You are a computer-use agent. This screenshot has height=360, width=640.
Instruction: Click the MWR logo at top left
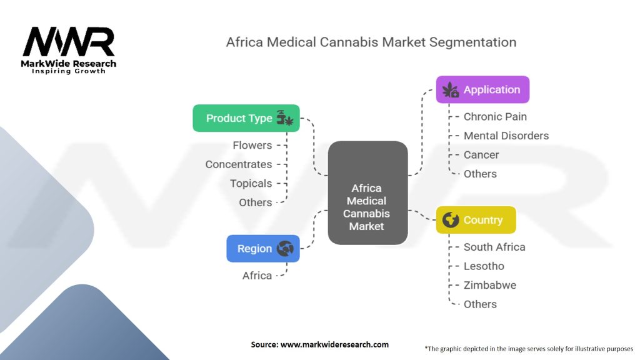[69, 44]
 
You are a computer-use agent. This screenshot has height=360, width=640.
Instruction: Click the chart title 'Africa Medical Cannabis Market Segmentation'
[371, 42]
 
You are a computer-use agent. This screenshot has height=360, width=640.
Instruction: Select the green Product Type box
[246, 118]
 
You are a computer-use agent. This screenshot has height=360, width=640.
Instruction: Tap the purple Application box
[482, 89]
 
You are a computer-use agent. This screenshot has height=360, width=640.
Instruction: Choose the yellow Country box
[476, 220]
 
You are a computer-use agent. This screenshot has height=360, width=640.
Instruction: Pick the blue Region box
[263, 249]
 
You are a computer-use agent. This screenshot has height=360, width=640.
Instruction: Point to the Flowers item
[252, 145]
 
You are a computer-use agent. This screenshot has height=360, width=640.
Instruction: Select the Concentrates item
[239, 164]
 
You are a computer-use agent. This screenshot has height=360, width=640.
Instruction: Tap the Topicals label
[251, 183]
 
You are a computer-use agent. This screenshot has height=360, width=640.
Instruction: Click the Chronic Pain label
[495, 116]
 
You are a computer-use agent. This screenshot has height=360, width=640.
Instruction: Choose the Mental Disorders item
[506, 136]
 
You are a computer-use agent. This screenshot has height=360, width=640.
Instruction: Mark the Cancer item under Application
[481, 154]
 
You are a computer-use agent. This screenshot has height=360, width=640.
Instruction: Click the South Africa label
[494, 247]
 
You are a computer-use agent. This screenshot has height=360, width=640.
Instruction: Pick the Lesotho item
[484, 266]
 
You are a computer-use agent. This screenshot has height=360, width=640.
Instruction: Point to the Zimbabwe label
[490, 285]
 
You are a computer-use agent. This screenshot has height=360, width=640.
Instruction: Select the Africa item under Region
[257, 276]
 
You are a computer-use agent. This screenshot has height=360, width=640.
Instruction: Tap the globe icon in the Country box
[450, 220]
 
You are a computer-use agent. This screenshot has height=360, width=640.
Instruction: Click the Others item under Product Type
[256, 202]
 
